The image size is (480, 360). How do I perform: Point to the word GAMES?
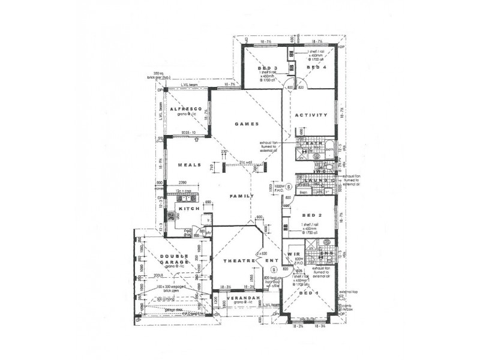pyautogui.click(x=246, y=124)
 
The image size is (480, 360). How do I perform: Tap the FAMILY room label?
pyautogui.click(x=242, y=196)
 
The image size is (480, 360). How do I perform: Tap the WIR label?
pyautogui.click(x=294, y=254)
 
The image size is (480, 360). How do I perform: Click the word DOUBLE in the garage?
pyautogui.click(x=170, y=257)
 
